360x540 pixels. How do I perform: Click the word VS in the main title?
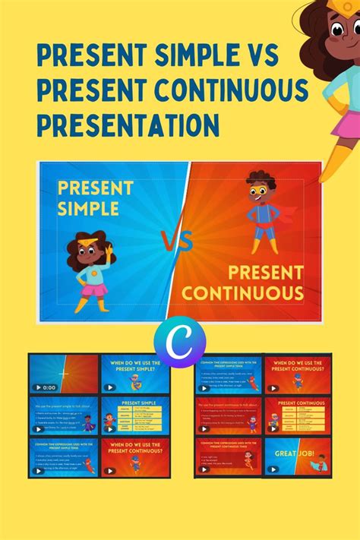click(x=257, y=55)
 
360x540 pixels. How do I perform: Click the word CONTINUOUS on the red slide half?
click(x=243, y=292)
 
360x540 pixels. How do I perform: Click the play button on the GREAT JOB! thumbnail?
click(x=272, y=470)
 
